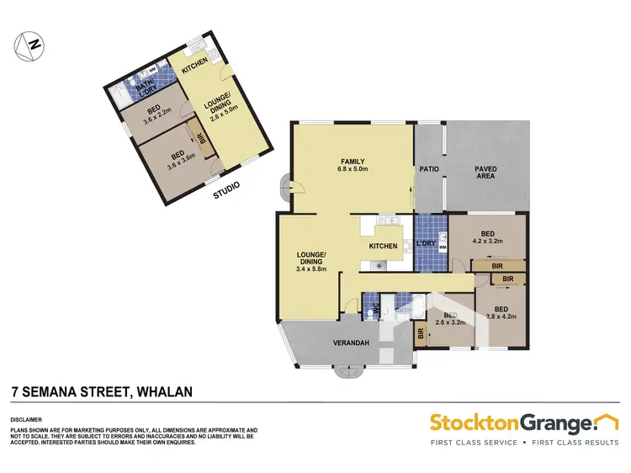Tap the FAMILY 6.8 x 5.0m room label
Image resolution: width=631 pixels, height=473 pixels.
coord(352,166)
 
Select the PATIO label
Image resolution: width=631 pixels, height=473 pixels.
coord(429,169)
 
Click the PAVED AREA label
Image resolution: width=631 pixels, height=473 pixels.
coord(485,173)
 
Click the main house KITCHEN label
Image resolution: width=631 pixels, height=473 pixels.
coord(382,246)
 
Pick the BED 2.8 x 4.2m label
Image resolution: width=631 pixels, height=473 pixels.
coord(502,312)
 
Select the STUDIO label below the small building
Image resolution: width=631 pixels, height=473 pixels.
coord(225,190)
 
